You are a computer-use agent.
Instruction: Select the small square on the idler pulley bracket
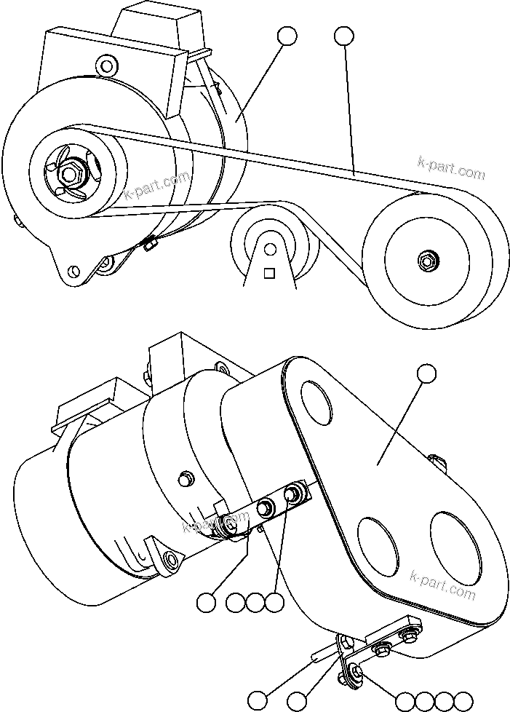pos(269,274)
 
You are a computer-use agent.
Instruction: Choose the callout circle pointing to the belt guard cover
pos(427,374)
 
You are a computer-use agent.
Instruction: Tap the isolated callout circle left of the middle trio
pos(207,602)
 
